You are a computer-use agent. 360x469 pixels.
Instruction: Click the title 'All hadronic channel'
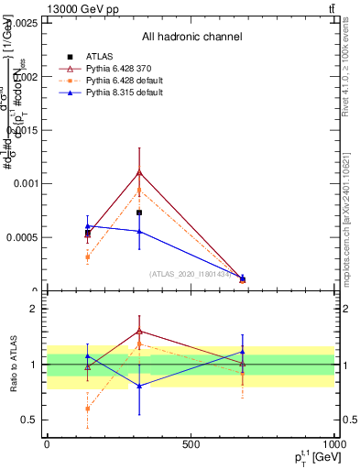191,37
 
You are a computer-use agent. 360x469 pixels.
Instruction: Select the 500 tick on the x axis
191,443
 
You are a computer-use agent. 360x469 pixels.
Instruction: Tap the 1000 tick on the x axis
333,443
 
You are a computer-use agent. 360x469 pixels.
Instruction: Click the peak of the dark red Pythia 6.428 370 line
139,172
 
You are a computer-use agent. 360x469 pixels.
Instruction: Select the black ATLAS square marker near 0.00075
139,213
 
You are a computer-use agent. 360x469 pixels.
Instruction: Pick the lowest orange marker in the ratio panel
88,409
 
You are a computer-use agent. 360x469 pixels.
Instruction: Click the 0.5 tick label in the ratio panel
31,420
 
